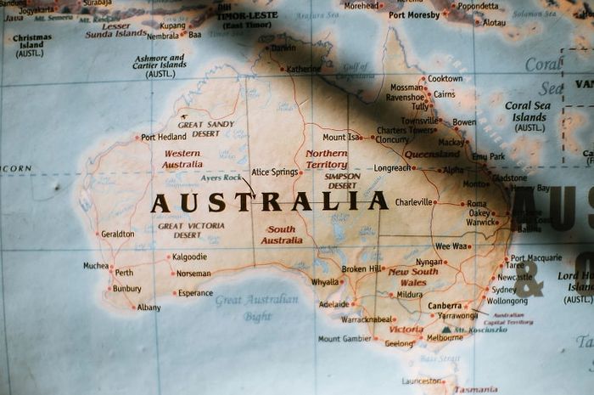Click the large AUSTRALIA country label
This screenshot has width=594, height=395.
269,202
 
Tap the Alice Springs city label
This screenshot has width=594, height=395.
275,172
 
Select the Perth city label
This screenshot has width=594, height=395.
124,273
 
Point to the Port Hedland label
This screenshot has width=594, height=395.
164,137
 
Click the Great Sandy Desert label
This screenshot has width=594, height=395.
205,129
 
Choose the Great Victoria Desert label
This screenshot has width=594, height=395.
191,230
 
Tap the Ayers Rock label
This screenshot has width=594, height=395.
221,178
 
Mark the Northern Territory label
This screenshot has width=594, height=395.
326,159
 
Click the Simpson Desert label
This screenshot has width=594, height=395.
342,181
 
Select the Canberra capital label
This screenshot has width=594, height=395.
445,306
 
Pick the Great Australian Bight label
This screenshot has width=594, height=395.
256,308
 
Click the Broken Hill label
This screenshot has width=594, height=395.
361,269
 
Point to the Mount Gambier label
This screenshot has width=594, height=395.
345,339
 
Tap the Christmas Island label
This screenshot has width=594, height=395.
32,45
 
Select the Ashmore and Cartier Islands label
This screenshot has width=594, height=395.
160,66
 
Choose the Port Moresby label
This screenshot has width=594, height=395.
414,14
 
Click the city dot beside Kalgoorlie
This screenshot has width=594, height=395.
168,257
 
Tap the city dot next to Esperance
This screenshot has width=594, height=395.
175,293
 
